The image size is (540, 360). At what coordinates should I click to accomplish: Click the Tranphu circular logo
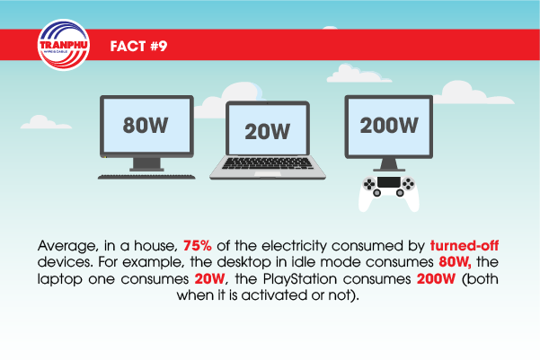(x=64, y=45)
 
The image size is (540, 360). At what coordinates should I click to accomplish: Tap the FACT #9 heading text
(x=138, y=46)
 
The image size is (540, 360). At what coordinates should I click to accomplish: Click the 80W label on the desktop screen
(x=146, y=125)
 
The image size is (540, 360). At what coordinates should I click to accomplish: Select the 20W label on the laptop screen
(x=267, y=131)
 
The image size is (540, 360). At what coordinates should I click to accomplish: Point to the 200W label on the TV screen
(x=389, y=125)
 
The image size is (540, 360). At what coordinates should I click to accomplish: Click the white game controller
(x=389, y=193)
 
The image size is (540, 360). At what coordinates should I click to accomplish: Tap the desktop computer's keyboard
(x=146, y=177)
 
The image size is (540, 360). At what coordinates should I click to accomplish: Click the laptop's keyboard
(x=268, y=163)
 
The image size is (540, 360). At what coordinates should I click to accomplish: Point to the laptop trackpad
(x=268, y=174)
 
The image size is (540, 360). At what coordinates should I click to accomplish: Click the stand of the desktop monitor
(x=146, y=164)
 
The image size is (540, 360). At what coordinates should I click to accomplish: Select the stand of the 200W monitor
(x=389, y=165)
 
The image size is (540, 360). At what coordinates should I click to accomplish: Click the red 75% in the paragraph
(x=198, y=246)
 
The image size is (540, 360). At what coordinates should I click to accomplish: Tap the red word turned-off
(x=465, y=245)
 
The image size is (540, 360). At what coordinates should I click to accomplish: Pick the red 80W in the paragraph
(x=455, y=262)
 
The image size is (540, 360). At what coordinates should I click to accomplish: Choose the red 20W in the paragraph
(x=209, y=278)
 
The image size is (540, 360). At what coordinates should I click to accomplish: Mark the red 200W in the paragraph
(x=436, y=278)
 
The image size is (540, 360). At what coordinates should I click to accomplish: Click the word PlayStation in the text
(x=299, y=279)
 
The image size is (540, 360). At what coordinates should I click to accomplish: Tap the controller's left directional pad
(x=369, y=184)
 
